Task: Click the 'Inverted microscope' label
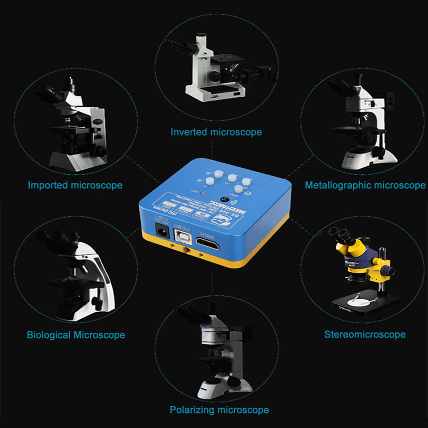click(x=216, y=132)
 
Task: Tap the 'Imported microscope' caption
click(x=75, y=185)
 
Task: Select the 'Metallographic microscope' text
click(x=365, y=185)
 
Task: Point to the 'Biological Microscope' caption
click(x=76, y=335)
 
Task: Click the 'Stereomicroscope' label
click(x=365, y=334)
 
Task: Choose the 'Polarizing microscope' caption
click(x=219, y=410)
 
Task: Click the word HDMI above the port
click(x=207, y=236)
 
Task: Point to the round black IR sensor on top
click(x=223, y=199)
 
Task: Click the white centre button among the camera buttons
click(x=232, y=178)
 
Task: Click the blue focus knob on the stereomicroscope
click(x=388, y=269)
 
